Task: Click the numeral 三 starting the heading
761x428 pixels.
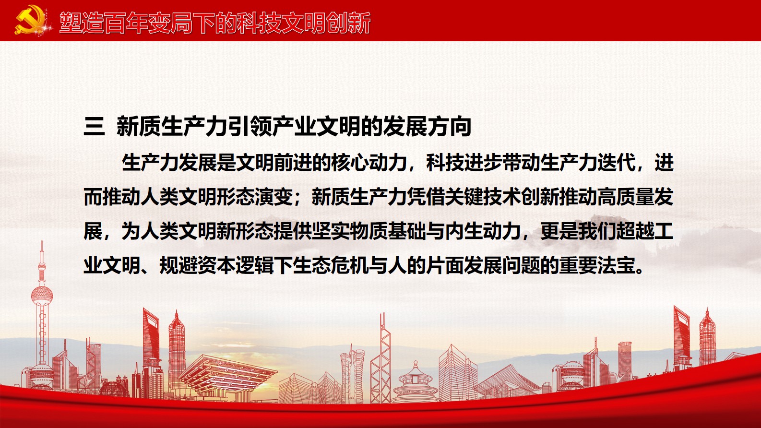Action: pyautogui.click(x=94, y=127)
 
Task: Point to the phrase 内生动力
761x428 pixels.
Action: pyautogui.click(x=482, y=231)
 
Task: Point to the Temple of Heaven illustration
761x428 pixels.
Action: pyautogui.click(x=416, y=381)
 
